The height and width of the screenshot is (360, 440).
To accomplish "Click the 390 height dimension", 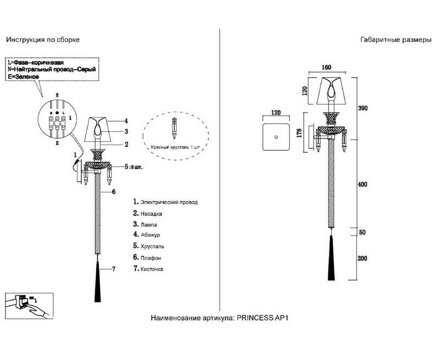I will pos(362,108).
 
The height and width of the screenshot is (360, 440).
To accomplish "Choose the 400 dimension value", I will pos(362,185).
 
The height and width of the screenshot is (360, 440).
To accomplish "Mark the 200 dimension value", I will pos(362,258).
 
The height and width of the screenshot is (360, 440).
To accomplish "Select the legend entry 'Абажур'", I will pos(149,234).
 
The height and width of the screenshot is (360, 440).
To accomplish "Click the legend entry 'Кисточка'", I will pos(152,269).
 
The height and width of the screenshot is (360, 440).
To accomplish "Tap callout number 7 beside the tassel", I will pos(114,269).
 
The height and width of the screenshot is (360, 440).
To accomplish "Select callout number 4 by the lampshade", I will pos(126,120).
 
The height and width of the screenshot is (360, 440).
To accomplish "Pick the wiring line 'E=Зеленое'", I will pos(23,77).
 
